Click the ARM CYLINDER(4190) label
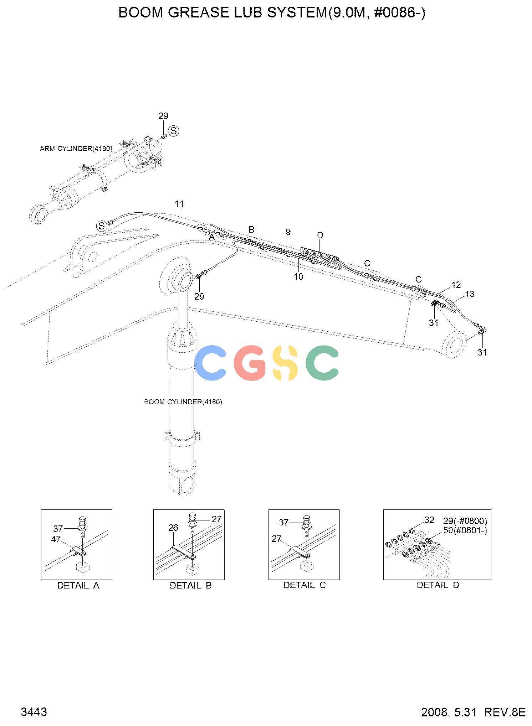76,149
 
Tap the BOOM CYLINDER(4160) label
183,402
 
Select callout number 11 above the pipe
179,204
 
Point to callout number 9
288,232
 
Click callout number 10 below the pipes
298,276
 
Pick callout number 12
456,285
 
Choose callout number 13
470,294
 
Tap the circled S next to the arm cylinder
174,131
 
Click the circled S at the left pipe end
102,226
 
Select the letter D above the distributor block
320,235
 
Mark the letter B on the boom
251,229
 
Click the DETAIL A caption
78,585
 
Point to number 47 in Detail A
56,539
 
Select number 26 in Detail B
173,528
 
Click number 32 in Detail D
429,520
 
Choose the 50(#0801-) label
465,530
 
